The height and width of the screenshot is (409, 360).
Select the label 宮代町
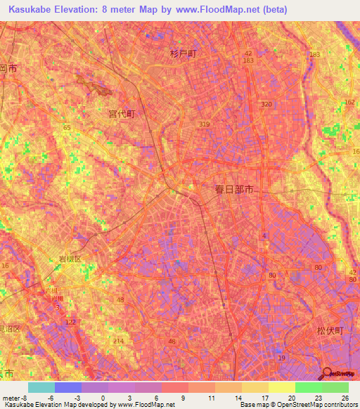point(122,113)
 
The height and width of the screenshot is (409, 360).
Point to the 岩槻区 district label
point(69,259)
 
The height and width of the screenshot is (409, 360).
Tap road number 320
point(265,104)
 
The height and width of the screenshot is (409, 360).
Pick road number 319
point(204,124)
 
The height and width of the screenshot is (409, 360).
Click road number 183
point(314,54)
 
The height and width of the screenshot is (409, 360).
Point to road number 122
point(70,321)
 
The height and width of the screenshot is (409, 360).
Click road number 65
point(67,127)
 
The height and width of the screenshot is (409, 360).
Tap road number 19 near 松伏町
point(281,358)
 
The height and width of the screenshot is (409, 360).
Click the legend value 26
point(344,398)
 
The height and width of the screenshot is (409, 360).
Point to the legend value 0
point(103,398)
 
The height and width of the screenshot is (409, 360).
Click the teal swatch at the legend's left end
point(41,387)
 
